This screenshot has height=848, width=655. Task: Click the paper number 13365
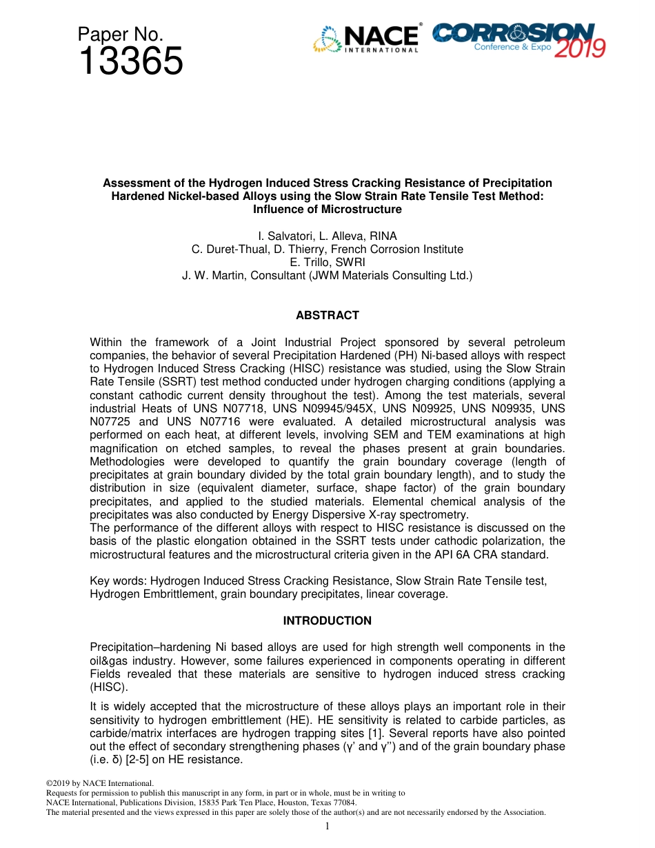pyautogui.click(x=130, y=61)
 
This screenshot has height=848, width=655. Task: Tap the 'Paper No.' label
pyautogui.click(x=120, y=34)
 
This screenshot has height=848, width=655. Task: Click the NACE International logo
pyautogui.click(x=366, y=39)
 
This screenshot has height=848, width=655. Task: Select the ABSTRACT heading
pyautogui.click(x=327, y=315)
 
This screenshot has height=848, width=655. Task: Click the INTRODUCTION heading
pyautogui.click(x=327, y=620)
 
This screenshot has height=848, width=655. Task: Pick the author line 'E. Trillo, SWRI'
pyautogui.click(x=327, y=262)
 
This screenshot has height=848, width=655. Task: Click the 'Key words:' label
pyautogui.click(x=118, y=581)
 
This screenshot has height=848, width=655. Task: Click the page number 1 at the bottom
pyautogui.click(x=327, y=826)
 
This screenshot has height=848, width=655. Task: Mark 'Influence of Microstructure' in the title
pyautogui.click(x=327, y=209)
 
